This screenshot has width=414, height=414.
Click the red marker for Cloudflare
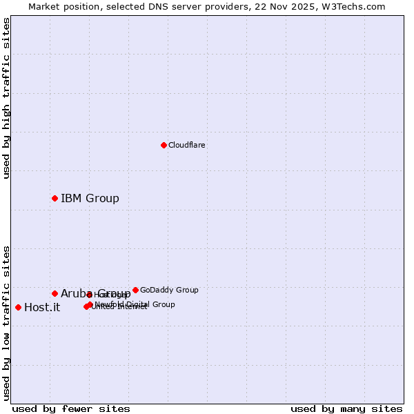(164, 145)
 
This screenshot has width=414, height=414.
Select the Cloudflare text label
(186, 145)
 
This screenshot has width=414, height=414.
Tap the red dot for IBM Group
(55, 198)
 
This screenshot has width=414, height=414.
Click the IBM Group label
(90, 199)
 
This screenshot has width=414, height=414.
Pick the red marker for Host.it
(18, 307)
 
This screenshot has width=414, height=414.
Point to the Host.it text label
(42, 308)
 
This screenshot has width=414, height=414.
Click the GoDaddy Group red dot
(135, 290)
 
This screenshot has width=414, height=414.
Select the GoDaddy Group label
(169, 290)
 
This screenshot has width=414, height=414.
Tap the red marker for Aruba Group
(55, 293)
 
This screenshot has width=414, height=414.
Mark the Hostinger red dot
(90, 295)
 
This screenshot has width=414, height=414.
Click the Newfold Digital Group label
(135, 304)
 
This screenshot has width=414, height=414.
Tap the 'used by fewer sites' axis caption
(71, 408)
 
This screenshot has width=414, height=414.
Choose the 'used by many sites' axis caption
(346, 408)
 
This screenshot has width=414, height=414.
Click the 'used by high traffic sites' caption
(7, 98)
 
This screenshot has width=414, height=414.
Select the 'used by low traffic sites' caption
(7, 322)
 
